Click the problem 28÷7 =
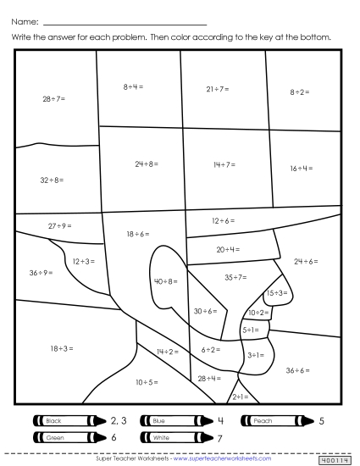pyautogui.click(x=53, y=99)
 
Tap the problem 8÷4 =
pyautogui.click(x=133, y=86)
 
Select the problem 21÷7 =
pyautogui.click(x=217, y=88)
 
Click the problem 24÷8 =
pyautogui.click(x=145, y=164)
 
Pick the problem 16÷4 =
pyautogui.click(x=301, y=169)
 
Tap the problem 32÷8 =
pyautogui.click(x=52, y=180)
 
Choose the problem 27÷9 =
pyautogui.click(x=59, y=225)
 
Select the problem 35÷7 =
pyautogui.click(x=235, y=277)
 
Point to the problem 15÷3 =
pyautogui.click(x=277, y=292)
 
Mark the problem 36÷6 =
pyautogui.click(x=297, y=370)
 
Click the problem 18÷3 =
pyautogui.click(x=61, y=348)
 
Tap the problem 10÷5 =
pyautogui.click(x=146, y=383)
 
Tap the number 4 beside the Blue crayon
pyautogui.click(x=220, y=420)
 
